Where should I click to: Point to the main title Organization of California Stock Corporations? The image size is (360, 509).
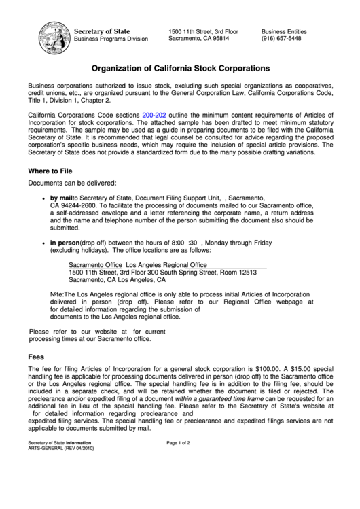[181, 69]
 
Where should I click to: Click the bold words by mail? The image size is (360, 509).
[61, 197]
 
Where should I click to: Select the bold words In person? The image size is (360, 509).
[65, 243]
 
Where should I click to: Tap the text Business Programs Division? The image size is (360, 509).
[111, 39]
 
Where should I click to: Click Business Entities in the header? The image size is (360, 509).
[284, 31]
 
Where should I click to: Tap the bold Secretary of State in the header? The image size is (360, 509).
[101, 31]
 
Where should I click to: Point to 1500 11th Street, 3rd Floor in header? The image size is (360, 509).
[203, 31]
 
